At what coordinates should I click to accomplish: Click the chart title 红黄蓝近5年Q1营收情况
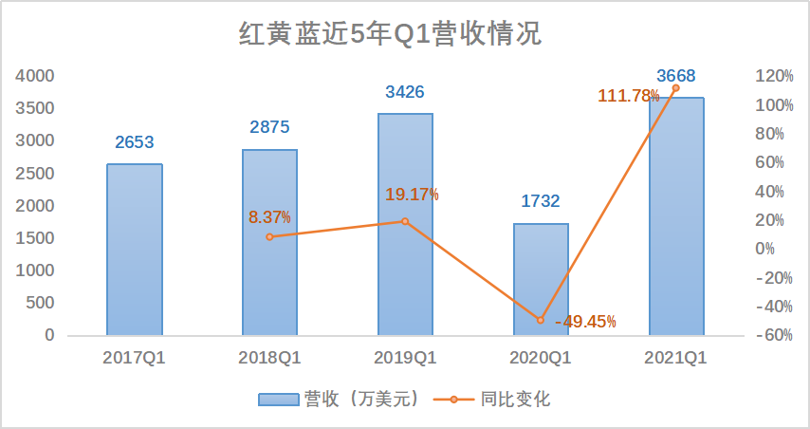(x=390, y=34)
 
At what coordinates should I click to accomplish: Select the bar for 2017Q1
(x=134, y=250)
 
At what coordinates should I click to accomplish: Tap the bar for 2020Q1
(x=541, y=279)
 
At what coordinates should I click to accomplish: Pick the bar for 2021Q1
(x=675, y=216)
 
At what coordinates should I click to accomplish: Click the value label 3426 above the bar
(x=404, y=93)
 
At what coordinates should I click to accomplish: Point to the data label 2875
(x=269, y=128)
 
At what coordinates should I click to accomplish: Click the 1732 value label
(x=541, y=201)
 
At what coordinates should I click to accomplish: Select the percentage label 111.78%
(x=629, y=95)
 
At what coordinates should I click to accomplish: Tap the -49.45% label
(x=585, y=322)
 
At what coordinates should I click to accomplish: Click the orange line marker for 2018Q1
(x=269, y=236)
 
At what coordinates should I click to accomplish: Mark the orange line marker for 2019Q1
(x=405, y=221)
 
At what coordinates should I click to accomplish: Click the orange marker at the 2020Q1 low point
(x=541, y=320)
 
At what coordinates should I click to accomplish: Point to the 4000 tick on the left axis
(x=36, y=76)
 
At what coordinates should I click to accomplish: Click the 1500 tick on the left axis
(x=36, y=238)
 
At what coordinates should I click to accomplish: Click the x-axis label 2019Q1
(x=405, y=359)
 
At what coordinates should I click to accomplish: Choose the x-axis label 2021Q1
(x=675, y=359)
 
